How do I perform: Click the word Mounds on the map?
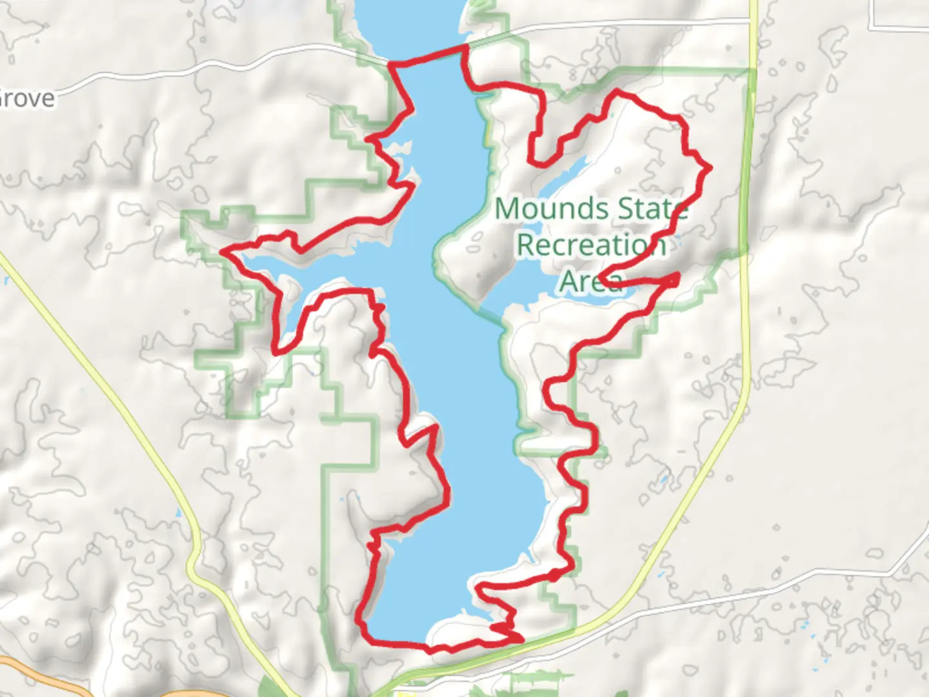(552, 208)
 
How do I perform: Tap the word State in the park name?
(652, 208)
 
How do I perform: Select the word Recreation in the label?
(591, 245)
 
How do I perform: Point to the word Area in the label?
(590, 281)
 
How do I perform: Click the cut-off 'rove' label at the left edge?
(27, 99)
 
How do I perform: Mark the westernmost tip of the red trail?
(223, 251)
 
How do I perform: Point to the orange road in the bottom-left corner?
(39, 674)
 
